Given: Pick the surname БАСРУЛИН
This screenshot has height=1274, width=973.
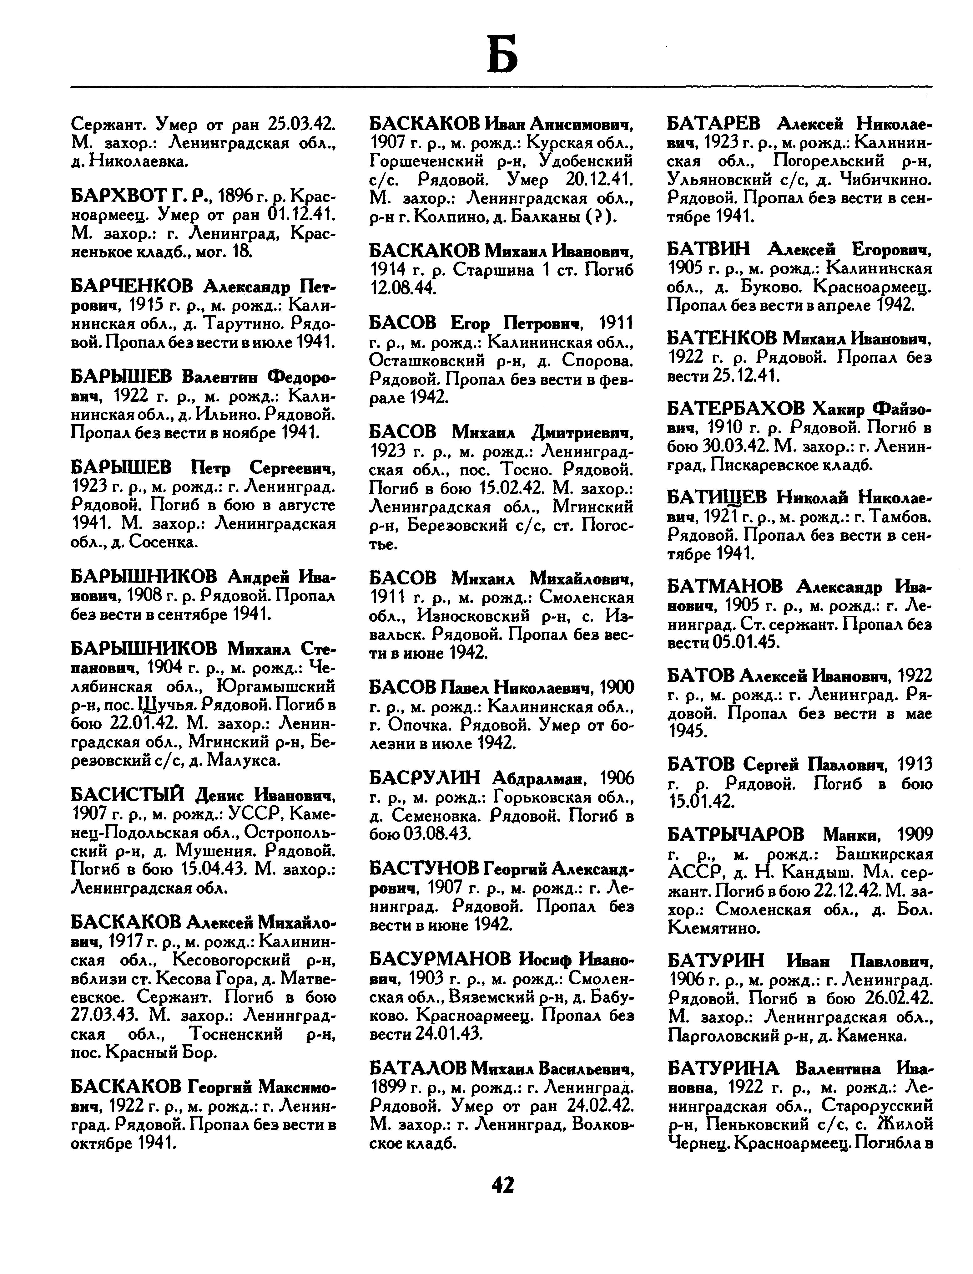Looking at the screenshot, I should (x=425, y=777).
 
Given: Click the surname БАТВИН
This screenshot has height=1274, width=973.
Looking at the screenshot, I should (x=708, y=250).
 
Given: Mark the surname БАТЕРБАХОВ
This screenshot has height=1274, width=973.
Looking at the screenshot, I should (x=736, y=409).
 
